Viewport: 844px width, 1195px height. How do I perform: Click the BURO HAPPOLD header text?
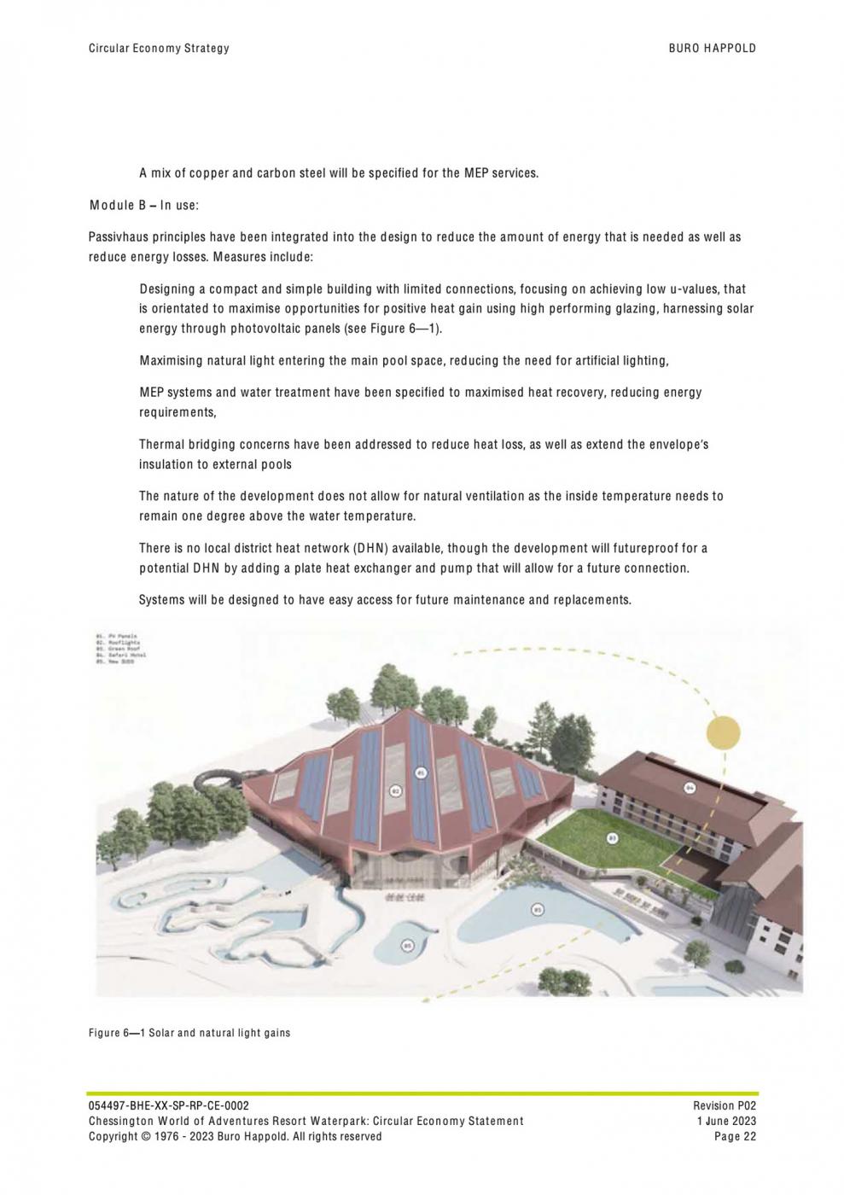coord(712,49)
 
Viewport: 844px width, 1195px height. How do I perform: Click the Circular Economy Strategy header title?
coord(159,49)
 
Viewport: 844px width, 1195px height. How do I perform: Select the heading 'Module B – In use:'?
coord(143,206)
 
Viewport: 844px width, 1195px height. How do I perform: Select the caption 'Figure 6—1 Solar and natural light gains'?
coord(189,1033)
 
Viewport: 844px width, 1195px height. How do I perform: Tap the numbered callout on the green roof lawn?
coord(612,839)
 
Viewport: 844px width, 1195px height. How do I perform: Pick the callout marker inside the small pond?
coord(407,945)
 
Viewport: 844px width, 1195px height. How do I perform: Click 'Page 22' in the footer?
coord(736,1136)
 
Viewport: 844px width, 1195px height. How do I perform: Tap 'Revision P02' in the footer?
coord(725,1105)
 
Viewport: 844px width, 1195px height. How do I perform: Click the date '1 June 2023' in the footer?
coord(726,1121)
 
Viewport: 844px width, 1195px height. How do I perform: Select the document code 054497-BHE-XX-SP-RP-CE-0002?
coord(169,1105)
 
